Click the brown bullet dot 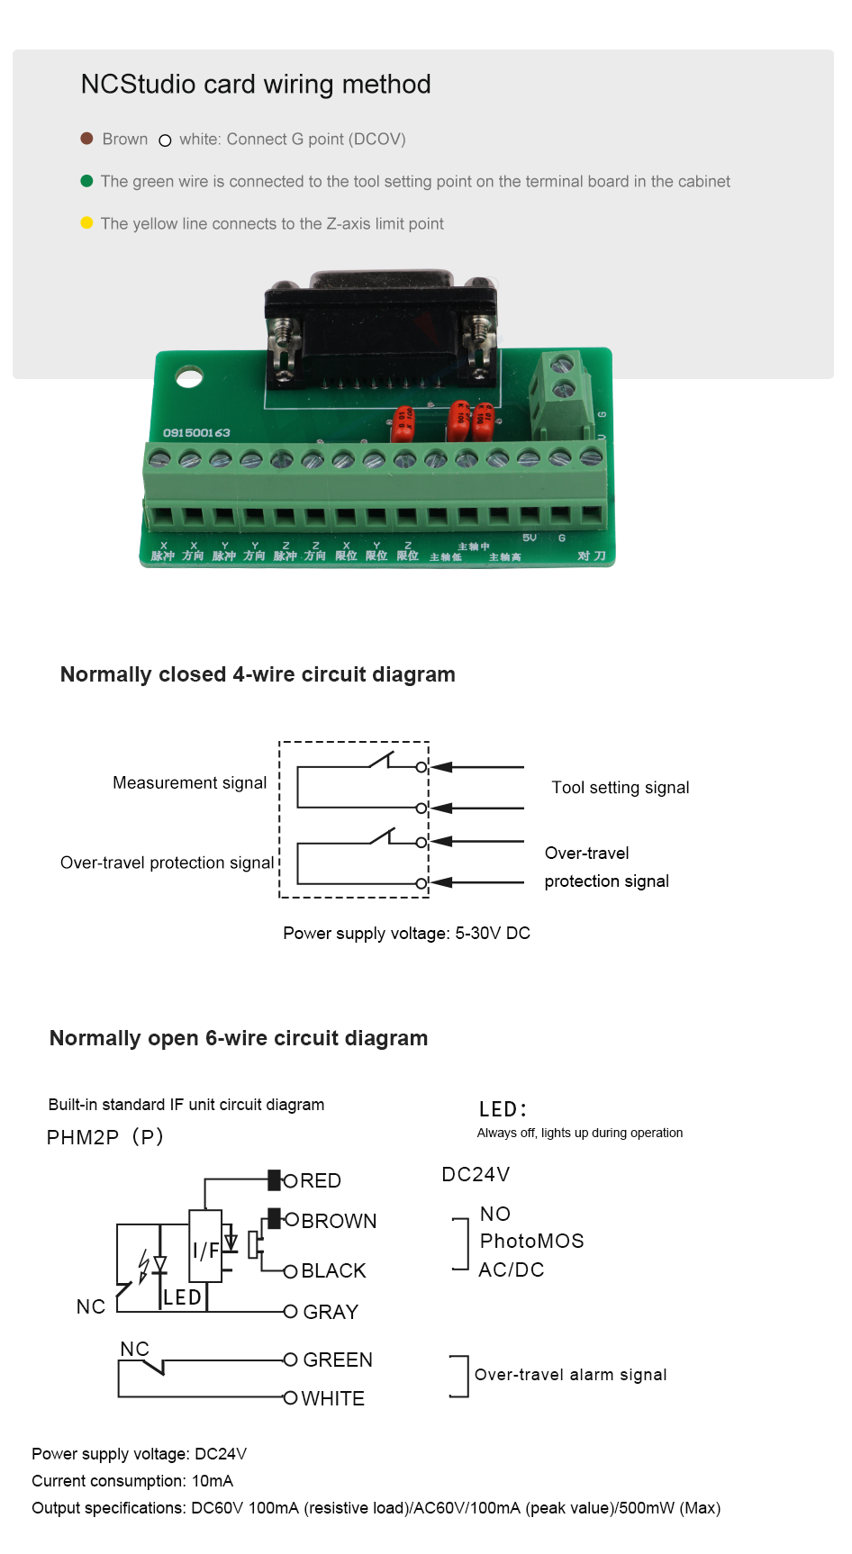[x=87, y=139]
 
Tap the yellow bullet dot [x=87, y=223]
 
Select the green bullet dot [x=87, y=181]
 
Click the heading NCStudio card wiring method [x=256, y=85]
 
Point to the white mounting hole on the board [x=189, y=376]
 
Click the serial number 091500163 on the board [x=196, y=433]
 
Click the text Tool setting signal [x=621, y=788]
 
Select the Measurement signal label [x=189, y=783]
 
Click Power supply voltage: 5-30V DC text [x=406, y=934]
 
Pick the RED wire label [x=321, y=1180]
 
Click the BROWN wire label [x=339, y=1221]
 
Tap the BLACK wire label [x=333, y=1270]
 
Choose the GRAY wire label [x=331, y=1312]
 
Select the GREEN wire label [x=338, y=1360]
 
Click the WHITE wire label [x=333, y=1398]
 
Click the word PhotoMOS [x=532, y=1242]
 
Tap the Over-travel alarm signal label [x=570, y=1375]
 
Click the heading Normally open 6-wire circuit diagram [x=239, y=1038]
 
